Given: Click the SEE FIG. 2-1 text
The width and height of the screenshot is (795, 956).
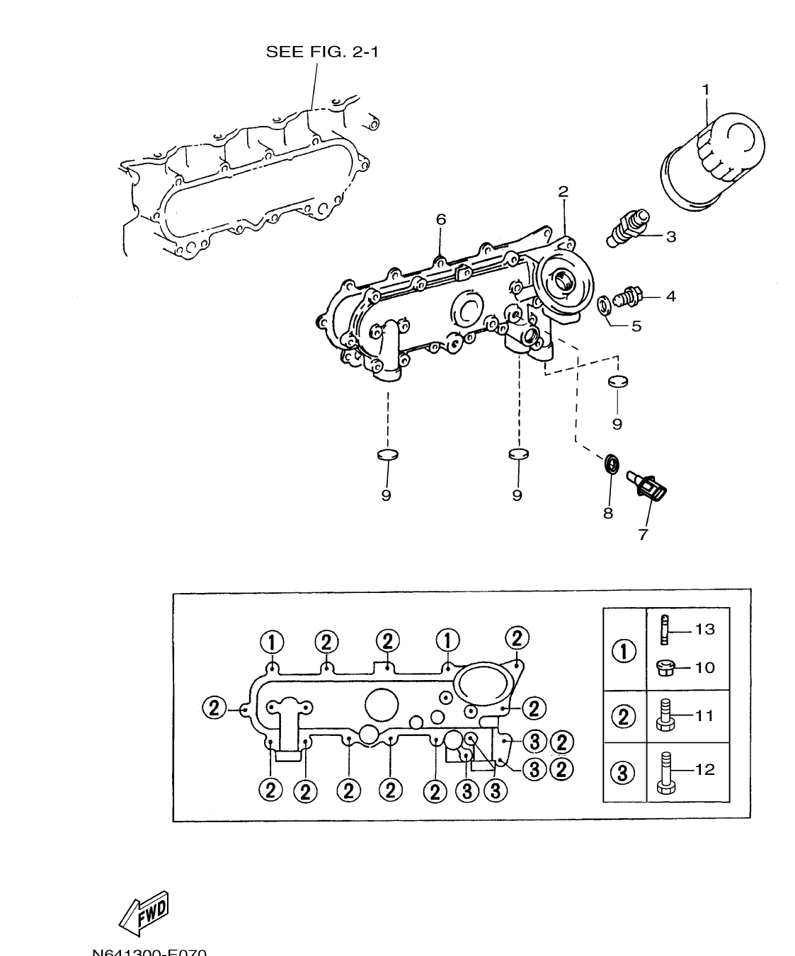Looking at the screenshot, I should click(x=321, y=52).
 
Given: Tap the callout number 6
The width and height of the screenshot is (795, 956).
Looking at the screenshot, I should click(x=441, y=220).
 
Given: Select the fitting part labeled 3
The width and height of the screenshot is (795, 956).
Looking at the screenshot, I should click(x=626, y=229).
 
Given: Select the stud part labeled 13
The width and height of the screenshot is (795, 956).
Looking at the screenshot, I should click(x=664, y=630).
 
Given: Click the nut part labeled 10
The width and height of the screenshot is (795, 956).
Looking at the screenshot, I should click(x=665, y=667).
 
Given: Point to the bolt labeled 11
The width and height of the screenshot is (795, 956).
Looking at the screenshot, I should click(x=665, y=716).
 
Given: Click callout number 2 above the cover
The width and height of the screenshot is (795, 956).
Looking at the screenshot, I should click(x=563, y=192).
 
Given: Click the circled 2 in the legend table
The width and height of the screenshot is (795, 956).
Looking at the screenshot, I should click(x=624, y=717).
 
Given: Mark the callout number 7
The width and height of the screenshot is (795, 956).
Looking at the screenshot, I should click(x=643, y=535).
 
